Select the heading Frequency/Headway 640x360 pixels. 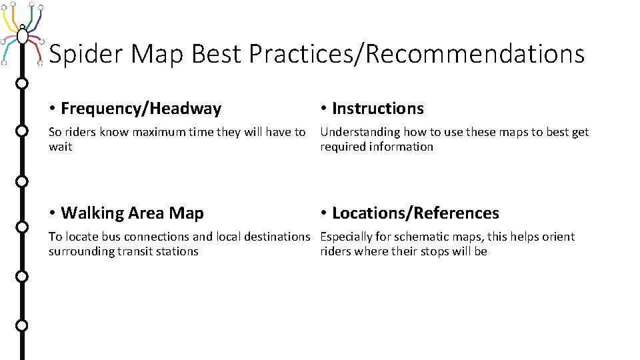coord(141,108)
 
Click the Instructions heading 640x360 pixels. coord(377,108)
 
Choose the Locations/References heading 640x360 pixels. coord(415,213)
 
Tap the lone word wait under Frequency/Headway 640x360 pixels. coord(60,147)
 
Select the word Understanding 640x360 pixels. coord(359,132)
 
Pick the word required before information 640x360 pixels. coord(341,147)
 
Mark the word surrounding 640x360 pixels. coord(79,251)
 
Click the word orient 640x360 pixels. coord(559,237)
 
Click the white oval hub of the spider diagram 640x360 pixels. coord(23,35)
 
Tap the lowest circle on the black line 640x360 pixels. coord(22,325)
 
